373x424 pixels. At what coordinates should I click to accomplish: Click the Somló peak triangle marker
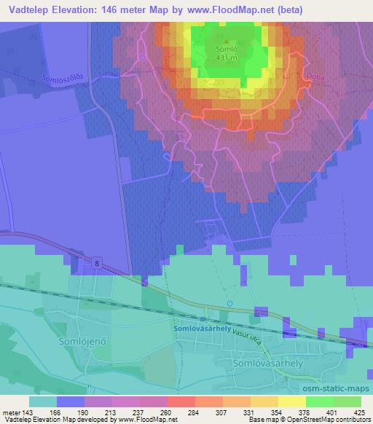(227, 42)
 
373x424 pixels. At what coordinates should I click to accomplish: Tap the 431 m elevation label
(227, 58)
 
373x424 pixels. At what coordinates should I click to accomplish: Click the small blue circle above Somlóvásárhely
(229, 303)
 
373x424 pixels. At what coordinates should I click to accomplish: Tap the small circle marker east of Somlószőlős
(143, 55)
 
